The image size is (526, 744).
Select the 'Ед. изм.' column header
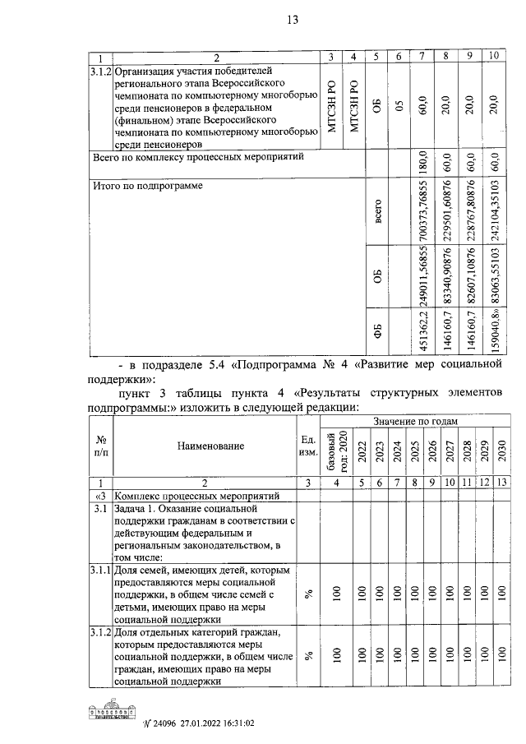pos(309,446)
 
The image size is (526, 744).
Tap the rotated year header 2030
pos(502,451)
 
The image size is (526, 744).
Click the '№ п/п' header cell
pos(100,446)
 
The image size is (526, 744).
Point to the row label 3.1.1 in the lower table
pos(99,570)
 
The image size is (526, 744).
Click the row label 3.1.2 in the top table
pos(99,72)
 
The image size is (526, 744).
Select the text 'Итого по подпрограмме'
pos(147,185)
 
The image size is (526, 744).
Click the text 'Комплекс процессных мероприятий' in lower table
pos(198,497)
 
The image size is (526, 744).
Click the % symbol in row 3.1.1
pos(309,595)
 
